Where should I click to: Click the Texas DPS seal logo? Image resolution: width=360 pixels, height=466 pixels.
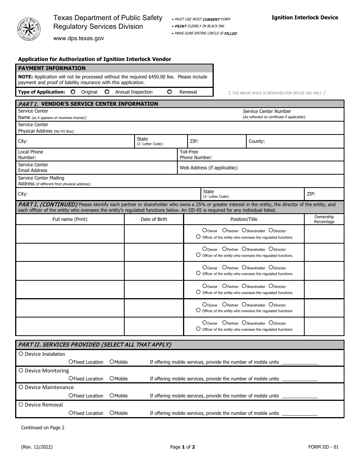point(29,29)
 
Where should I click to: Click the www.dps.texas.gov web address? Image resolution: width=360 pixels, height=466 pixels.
point(78,38)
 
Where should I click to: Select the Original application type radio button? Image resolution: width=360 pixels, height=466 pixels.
point(73,92)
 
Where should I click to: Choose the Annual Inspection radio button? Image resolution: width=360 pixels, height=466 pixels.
point(107,92)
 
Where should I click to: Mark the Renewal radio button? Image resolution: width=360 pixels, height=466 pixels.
point(169,92)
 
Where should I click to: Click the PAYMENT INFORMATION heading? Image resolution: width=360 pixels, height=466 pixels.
point(52,68)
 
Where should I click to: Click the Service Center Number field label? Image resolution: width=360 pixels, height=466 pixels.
point(267,111)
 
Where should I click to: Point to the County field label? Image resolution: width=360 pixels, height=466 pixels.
point(257,141)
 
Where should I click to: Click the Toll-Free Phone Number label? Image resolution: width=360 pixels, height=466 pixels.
point(196,155)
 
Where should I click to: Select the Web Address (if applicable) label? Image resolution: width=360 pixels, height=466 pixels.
point(209,167)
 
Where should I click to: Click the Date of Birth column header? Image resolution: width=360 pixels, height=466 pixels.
point(153,219)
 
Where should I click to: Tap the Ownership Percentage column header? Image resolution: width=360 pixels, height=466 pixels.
point(324,219)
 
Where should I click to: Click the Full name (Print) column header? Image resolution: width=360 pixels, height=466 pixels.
point(70,219)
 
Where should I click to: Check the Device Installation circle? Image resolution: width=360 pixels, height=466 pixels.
point(21,354)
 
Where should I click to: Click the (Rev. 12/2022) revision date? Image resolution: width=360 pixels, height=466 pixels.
point(37,447)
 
